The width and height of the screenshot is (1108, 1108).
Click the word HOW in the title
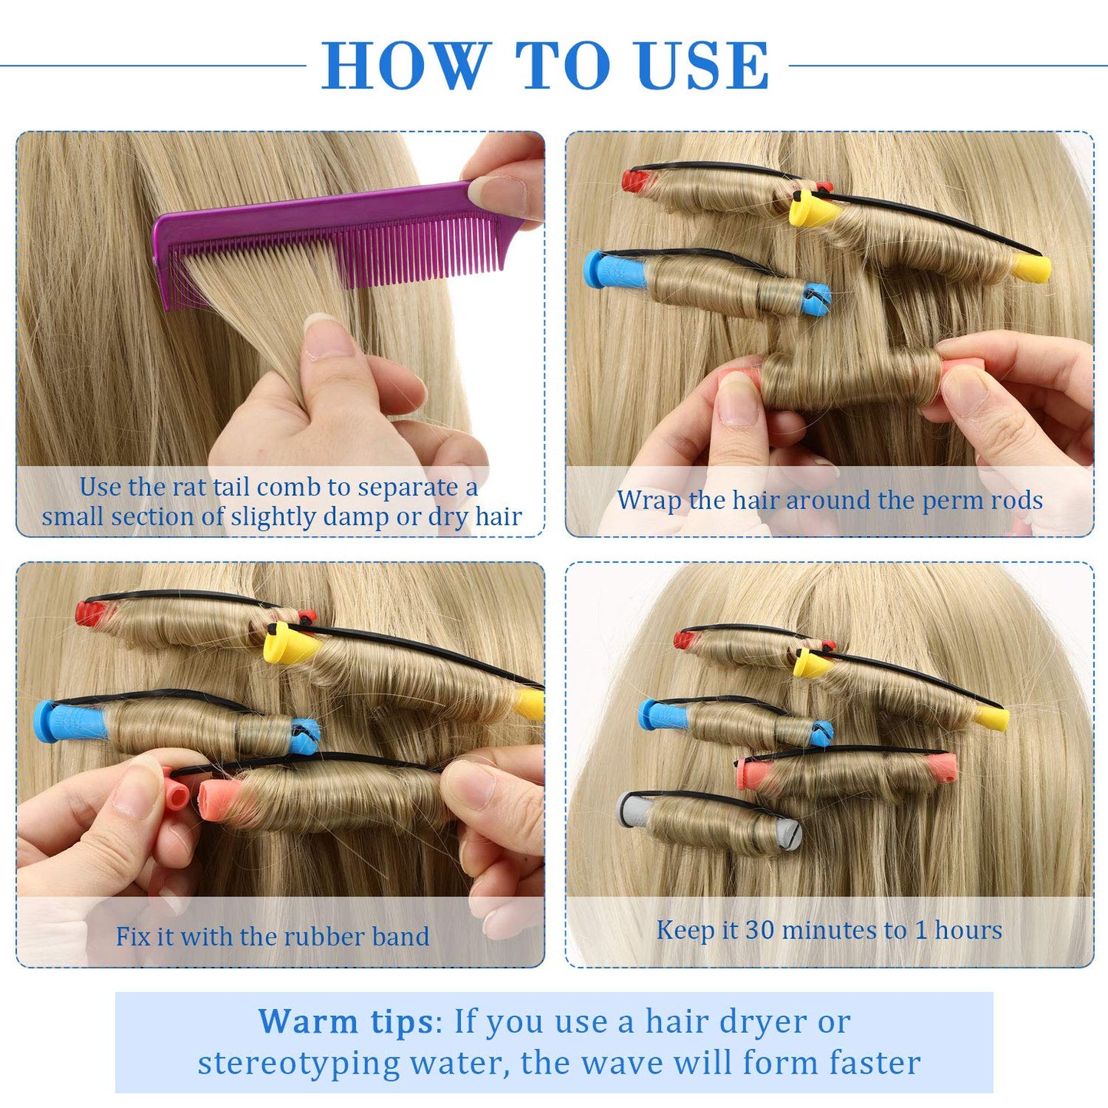pyautogui.click(x=405, y=66)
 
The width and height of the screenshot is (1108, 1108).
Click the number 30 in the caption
pyautogui.click(x=760, y=930)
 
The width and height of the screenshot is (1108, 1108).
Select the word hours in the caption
pyautogui.click(x=968, y=930)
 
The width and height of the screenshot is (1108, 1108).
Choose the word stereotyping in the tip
pyautogui.click(x=299, y=1063)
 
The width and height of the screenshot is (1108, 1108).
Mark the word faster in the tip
pyautogui.click(x=874, y=1063)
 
